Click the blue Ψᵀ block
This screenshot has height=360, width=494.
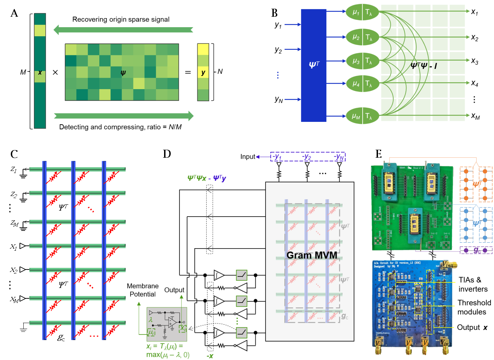(x=314, y=65)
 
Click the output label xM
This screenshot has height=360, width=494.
(x=475, y=116)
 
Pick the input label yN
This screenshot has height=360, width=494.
(x=278, y=100)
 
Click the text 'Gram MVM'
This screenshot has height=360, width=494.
(x=312, y=255)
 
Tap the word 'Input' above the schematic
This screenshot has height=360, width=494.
(x=248, y=157)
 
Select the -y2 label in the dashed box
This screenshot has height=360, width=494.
(x=307, y=157)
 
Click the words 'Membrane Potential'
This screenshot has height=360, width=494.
(x=143, y=290)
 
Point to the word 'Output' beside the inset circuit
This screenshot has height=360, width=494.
(x=174, y=290)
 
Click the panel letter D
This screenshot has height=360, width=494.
(x=167, y=154)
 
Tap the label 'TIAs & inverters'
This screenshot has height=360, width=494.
(x=473, y=284)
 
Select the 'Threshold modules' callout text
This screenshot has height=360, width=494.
(x=474, y=307)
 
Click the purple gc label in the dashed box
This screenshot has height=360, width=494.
(x=477, y=250)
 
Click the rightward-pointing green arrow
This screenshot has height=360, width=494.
(x=124, y=116)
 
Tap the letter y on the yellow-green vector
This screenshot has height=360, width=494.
(x=203, y=72)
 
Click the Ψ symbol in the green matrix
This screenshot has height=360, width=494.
(x=123, y=73)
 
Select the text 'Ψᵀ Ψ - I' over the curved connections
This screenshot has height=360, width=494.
(x=424, y=65)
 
